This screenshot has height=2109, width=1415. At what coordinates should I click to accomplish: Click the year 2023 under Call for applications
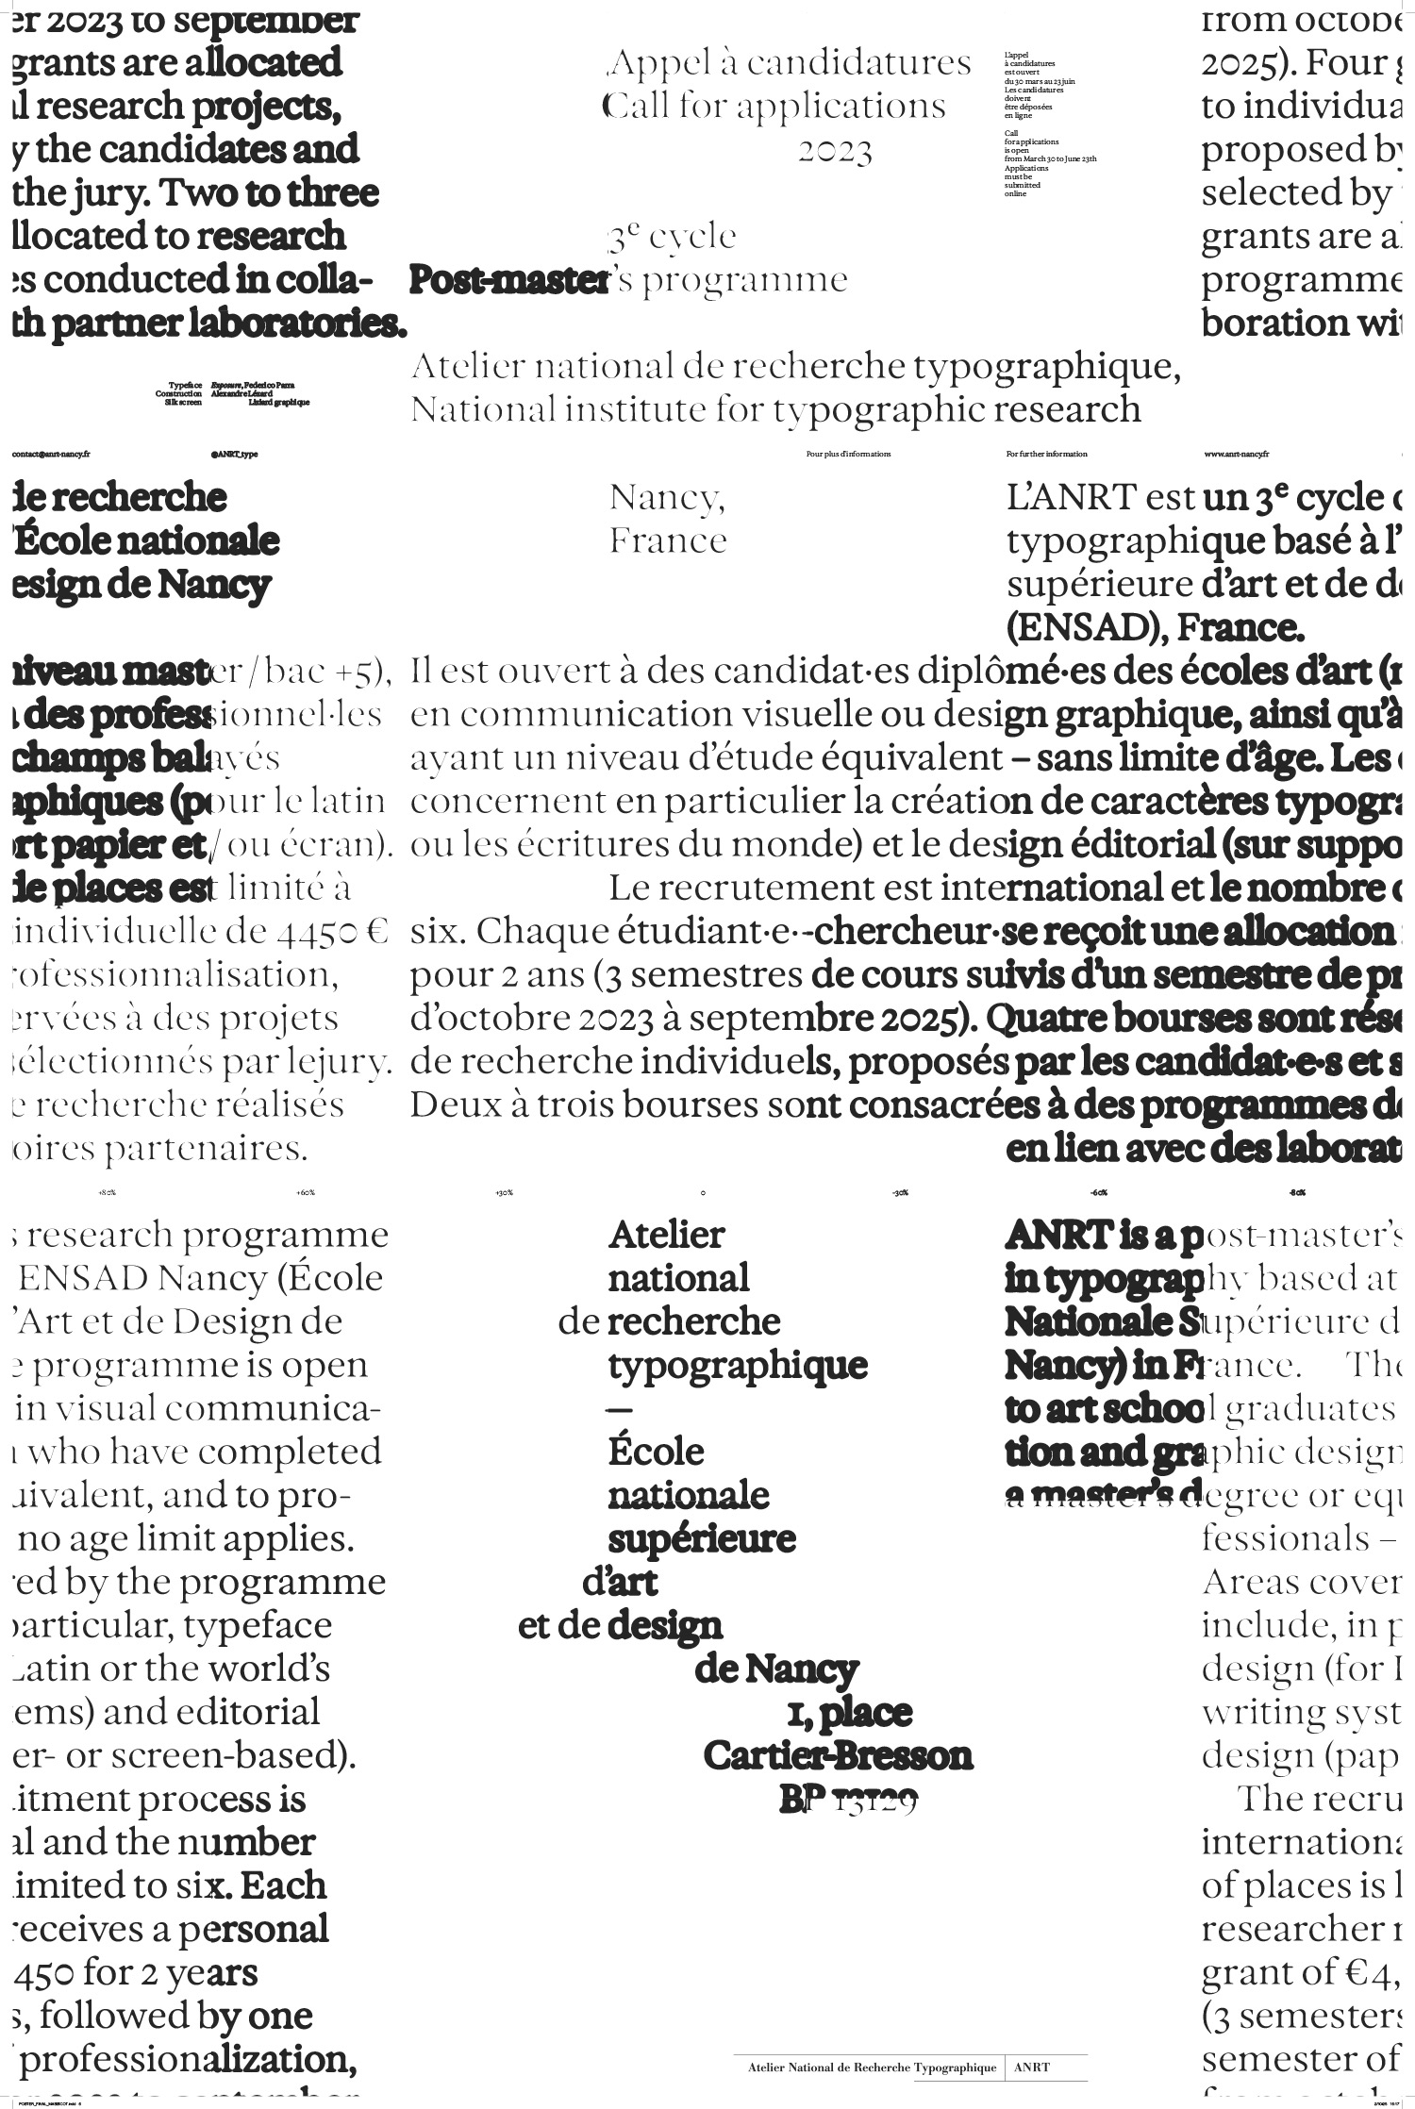835,151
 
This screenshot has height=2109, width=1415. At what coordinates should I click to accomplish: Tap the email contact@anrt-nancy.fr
51,454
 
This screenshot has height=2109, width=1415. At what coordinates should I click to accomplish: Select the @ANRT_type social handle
235,454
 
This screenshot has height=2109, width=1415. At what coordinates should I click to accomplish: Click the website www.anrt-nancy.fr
1237,454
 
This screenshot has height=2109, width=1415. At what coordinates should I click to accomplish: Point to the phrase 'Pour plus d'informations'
848,454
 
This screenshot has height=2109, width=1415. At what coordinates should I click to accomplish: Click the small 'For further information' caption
1046,454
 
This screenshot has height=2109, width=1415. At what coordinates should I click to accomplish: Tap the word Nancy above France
667,497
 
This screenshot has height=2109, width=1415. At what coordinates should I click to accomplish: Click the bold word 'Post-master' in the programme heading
508,279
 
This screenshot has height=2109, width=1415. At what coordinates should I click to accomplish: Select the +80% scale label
107,1192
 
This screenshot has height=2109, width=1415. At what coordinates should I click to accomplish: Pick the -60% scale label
1098,1192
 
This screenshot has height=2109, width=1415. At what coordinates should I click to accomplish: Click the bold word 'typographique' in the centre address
738,1365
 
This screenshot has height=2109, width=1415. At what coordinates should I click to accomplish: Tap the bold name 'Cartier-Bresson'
838,1755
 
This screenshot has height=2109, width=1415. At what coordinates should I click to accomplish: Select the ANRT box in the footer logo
1032,2067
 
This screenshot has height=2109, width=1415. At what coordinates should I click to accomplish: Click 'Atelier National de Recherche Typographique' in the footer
872,2067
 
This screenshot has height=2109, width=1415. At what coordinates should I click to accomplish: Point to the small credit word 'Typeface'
186,385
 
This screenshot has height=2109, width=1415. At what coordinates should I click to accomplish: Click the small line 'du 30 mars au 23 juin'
1040,81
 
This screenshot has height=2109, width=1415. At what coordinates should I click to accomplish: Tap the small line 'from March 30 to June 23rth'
1050,158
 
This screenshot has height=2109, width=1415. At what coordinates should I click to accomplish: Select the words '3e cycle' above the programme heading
672,236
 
